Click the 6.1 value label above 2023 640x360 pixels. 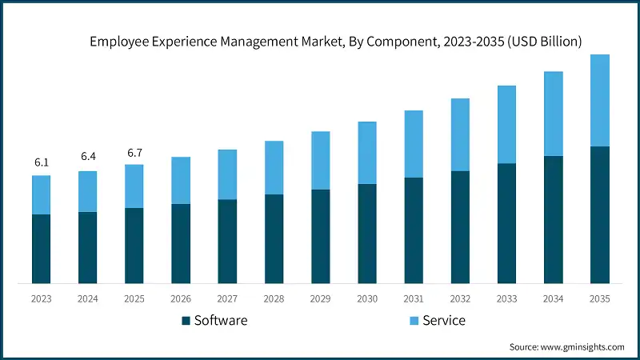click(42, 162)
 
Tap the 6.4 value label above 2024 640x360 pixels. click(88, 158)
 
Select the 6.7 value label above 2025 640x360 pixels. click(134, 152)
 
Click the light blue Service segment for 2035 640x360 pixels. click(599, 101)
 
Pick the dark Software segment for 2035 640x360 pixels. click(599, 214)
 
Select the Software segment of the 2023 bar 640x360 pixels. click(42, 249)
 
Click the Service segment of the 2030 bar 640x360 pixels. click(367, 153)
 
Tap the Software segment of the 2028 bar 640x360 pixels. click(274, 238)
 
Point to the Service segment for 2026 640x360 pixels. click(181, 181)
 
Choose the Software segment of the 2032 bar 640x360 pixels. click(460, 227)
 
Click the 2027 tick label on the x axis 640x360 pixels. click(227, 298)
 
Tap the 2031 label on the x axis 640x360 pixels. click(414, 298)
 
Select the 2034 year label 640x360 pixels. click(553, 298)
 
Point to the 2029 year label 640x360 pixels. click(320, 298)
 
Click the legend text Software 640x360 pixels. click(222, 321)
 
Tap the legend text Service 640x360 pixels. click(445, 321)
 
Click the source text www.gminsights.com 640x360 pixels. click(582, 346)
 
